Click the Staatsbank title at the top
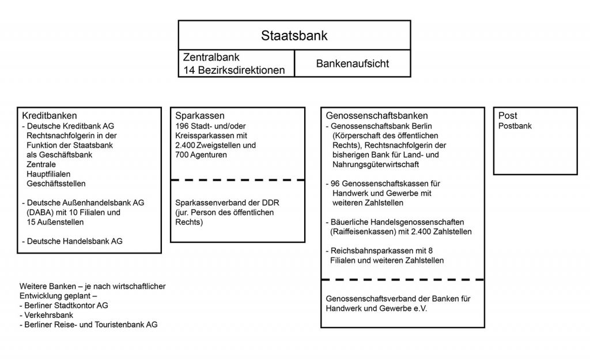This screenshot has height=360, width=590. pyautogui.click(x=294, y=35)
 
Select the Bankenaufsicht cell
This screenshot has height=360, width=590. pyautogui.click(x=352, y=63)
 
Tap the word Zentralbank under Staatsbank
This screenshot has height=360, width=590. pyautogui.click(x=211, y=58)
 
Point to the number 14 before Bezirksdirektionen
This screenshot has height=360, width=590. pyautogui.click(x=189, y=70)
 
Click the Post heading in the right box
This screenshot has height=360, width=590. pyautogui.click(x=508, y=116)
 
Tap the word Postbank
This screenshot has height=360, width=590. pyautogui.click(x=515, y=126)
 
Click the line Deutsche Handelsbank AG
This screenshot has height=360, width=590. pyautogui.click(x=74, y=241)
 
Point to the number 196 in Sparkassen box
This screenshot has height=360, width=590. pyautogui.click(x=183, y=126)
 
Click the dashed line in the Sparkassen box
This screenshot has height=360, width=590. pyautogui.click(x=237, y=180)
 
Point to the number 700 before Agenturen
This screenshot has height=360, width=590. pyautogui.click(x=183, y=155)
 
